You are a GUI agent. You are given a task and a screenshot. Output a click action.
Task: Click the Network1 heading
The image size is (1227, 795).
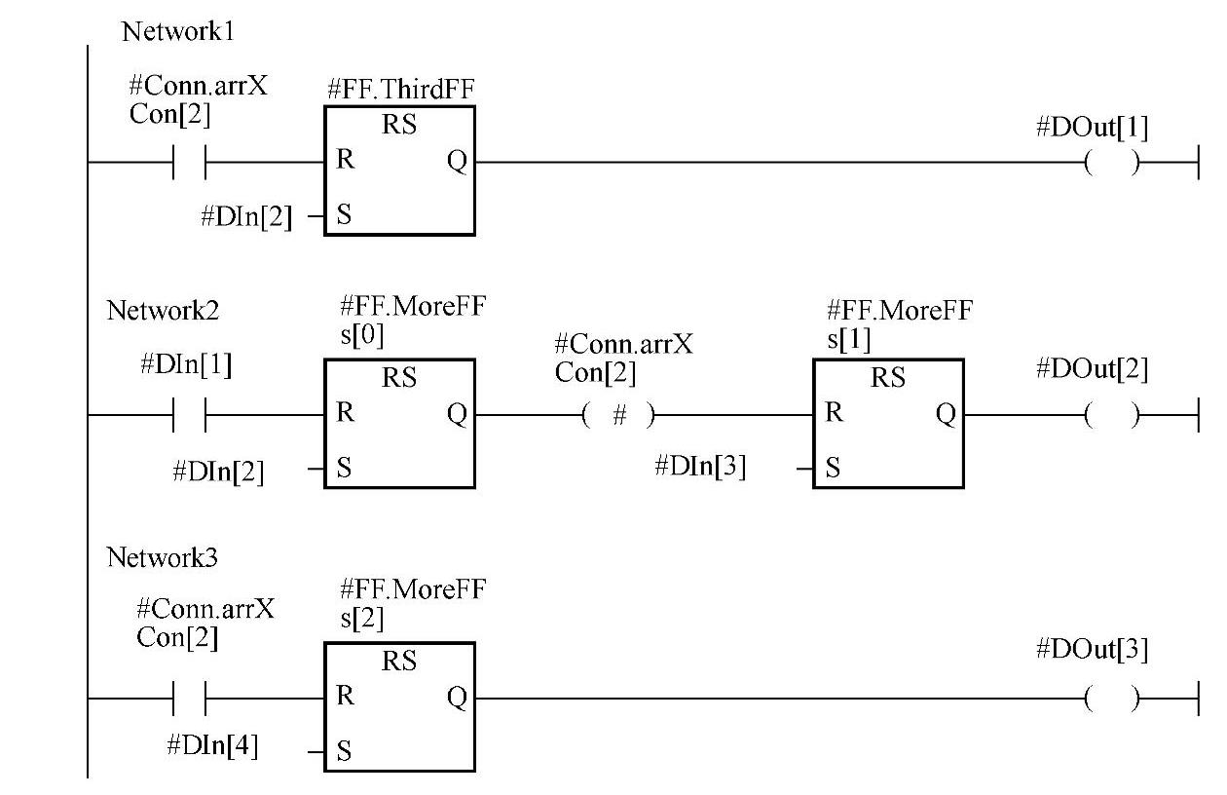(178, 31)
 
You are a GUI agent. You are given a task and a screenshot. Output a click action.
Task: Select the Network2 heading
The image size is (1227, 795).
(163, 311)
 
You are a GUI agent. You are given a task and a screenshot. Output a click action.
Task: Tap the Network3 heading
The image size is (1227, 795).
(163, 558)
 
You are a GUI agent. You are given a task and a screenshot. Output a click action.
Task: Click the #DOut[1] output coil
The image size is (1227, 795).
(1110, 164)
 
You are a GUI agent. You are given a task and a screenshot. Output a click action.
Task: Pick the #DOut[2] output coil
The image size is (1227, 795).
(1110, 415)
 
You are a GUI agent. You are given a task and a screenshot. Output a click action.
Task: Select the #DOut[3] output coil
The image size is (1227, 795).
(1110, 698)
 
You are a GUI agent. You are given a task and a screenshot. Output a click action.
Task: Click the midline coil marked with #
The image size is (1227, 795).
(619, 415)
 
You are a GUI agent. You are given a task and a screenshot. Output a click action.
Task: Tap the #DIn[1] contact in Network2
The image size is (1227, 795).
(189, 415)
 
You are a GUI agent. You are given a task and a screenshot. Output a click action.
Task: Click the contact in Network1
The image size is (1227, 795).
(189, 164)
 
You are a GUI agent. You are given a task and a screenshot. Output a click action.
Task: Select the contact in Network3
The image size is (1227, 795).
(189, 698)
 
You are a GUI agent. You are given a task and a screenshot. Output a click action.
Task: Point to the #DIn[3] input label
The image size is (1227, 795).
(701, 467)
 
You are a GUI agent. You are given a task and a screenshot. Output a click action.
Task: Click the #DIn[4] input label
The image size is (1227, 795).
(212, 747)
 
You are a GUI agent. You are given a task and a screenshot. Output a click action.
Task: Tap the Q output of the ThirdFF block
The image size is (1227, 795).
(457, 162)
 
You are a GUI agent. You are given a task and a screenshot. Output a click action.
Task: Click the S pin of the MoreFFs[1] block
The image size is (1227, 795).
(832, 469)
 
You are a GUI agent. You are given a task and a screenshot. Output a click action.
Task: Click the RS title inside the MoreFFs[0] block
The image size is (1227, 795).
(399, 377)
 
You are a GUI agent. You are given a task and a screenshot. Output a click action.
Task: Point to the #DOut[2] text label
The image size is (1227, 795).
(1092, 369)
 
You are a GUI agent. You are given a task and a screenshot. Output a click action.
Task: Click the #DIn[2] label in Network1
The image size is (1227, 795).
(246, 217)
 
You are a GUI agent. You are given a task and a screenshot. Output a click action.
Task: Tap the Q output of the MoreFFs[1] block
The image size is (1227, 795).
(945, 414)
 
